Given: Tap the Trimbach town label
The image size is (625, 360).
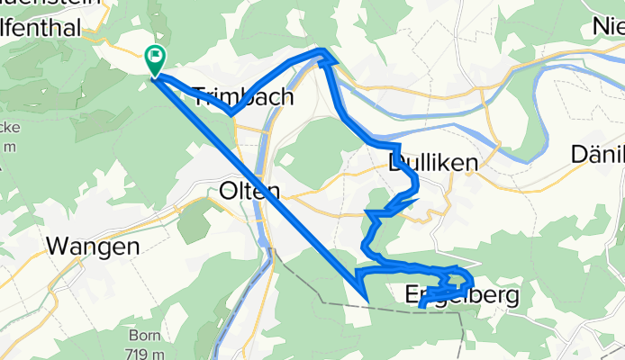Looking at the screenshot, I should coord(242,97).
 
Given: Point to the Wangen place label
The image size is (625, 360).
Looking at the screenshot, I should coord(93,246).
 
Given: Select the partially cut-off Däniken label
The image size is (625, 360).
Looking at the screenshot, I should coord(598,155).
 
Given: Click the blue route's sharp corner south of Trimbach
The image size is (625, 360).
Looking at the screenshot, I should coord(231,114).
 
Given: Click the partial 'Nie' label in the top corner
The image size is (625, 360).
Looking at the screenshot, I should coord(608,28).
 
